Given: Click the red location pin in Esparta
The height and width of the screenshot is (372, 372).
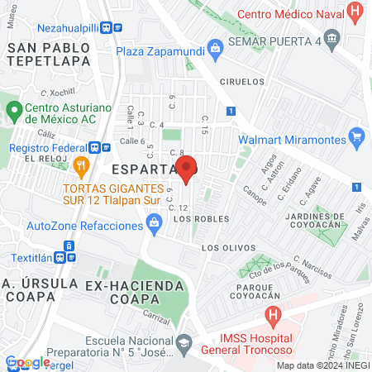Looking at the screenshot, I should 187,168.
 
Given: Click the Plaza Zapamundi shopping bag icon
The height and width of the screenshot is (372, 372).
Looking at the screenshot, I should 214,50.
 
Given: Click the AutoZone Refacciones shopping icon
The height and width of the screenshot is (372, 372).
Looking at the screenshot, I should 153,222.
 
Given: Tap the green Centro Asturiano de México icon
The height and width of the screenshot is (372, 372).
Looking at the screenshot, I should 14,110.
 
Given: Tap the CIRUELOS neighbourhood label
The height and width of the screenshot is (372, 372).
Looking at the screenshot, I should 242,82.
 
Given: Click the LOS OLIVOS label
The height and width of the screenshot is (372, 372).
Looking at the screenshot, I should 224,248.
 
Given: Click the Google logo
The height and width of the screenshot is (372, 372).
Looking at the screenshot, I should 27,361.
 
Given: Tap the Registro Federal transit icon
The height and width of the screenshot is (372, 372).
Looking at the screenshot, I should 97,148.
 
